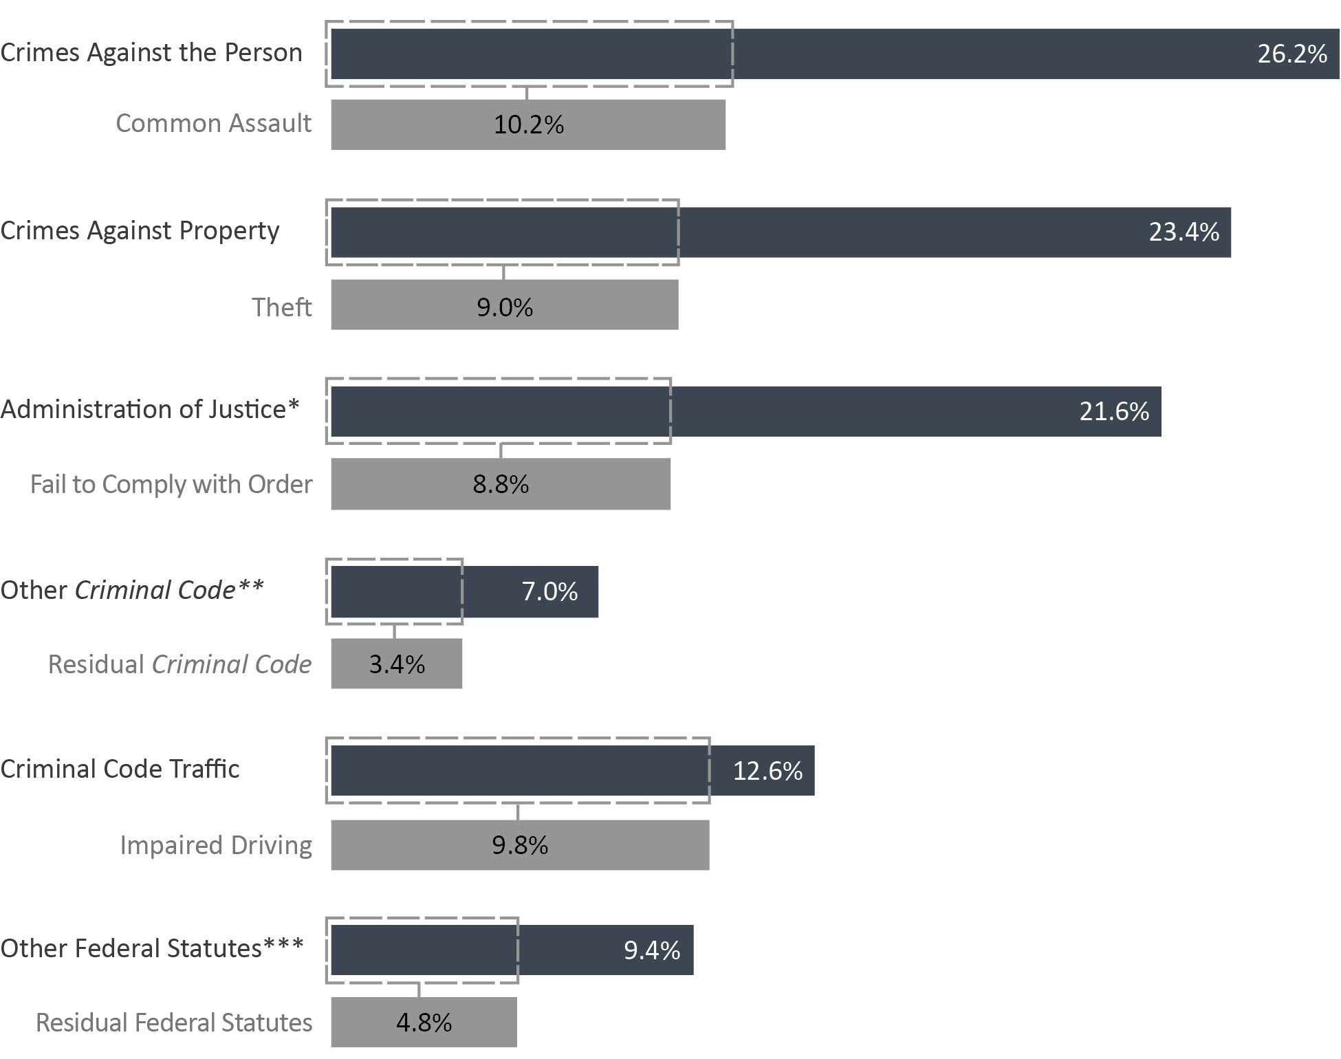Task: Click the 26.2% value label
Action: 1291,54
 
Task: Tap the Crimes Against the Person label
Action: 151,53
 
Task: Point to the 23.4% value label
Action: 1184,232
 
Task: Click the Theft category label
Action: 281,307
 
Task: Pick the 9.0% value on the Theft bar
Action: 505,307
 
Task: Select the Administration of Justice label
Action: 150,409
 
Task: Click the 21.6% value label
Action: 1114,411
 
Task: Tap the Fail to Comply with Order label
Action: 171,484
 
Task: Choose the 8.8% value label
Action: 501,484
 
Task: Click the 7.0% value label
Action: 549,591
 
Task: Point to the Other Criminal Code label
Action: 132,590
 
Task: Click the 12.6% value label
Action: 767,771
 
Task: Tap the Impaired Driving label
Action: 216,845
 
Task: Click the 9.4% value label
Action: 651,950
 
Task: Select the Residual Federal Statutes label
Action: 174,1023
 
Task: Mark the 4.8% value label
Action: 424,1023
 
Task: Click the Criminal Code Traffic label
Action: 120,769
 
